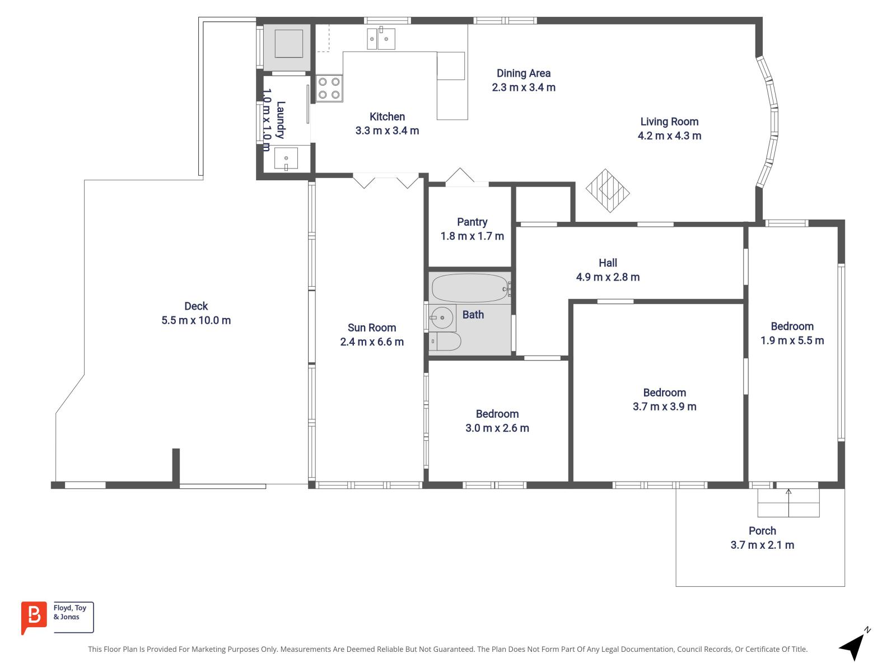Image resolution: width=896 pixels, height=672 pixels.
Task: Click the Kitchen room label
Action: [387, 116]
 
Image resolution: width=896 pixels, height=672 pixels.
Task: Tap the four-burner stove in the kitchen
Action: [329, 88]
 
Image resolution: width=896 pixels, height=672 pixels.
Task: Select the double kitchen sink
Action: [381, 39]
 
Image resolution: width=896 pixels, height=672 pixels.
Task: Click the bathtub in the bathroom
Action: [469, 288]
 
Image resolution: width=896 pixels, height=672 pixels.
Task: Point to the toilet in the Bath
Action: [445, 341]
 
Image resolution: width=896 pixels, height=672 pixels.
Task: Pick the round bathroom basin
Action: [442, 318]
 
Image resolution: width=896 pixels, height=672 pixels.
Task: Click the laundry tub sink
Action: [286, 159]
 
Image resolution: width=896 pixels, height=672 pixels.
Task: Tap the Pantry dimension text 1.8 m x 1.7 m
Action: [472, 236]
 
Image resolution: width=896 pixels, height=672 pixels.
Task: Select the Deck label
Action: [196, 306]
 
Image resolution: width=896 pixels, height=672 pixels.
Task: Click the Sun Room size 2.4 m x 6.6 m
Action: [372, 342]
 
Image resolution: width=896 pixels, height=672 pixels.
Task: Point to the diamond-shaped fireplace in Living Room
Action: [608, 190]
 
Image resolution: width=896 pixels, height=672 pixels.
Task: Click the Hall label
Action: [608, 263]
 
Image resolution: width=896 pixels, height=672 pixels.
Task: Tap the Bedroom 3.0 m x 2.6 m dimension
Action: [497, 428]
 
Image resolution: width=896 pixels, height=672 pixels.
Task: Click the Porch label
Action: [762, 530]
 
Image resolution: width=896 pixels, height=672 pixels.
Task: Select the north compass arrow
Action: [853, 647]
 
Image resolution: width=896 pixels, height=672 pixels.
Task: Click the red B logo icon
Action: [34, 617]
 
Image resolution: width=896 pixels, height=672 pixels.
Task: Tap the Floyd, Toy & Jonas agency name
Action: [70, 612]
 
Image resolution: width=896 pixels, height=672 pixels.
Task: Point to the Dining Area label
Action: [523, 73]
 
